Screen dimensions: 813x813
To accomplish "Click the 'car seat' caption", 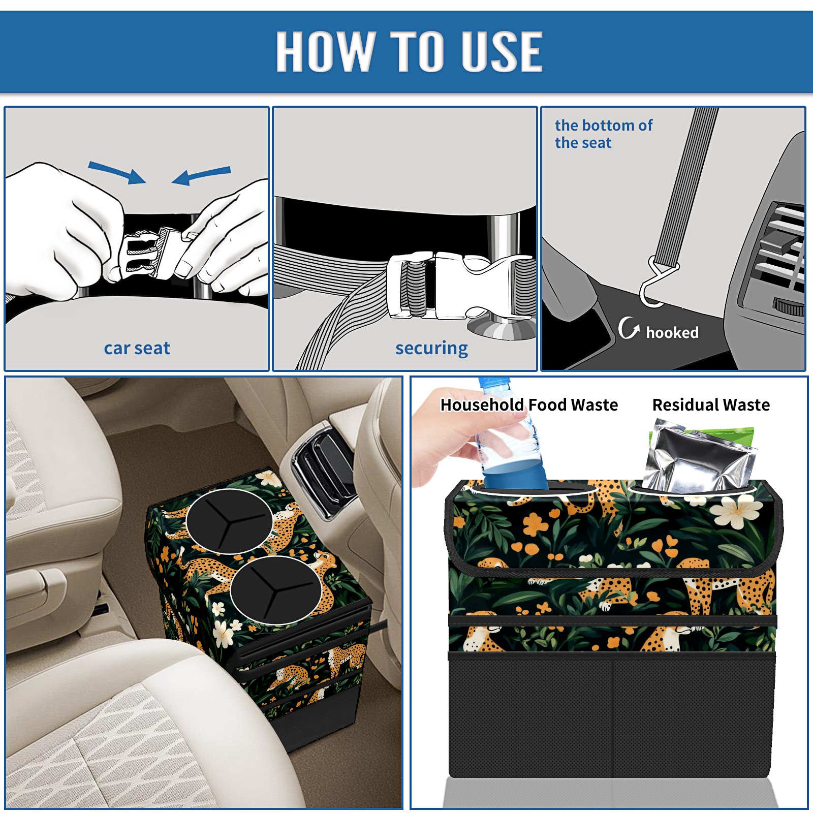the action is click(x=137, y=348).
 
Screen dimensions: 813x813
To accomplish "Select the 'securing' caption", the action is click(x=431, y=349).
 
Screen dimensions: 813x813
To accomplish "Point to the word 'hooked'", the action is click(x=672, y=332).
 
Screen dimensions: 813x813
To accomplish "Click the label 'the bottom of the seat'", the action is click(x=603, y=134).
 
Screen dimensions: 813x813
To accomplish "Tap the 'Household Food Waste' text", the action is click(x=529, y=404).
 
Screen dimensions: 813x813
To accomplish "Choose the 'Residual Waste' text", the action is click(x=711, y=404).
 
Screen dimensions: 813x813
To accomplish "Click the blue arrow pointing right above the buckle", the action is click(x=117, y=172).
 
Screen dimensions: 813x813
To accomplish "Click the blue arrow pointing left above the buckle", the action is click(x=201, y=175).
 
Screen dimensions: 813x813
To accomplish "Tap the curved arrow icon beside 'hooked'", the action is click(x=629, y=328).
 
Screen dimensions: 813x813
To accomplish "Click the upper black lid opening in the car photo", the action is click(x=230, y=521).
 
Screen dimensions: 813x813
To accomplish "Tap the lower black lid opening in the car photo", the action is click(x=276, y=590).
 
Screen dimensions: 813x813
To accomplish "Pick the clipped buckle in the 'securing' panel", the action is click(x=460, y=286).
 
